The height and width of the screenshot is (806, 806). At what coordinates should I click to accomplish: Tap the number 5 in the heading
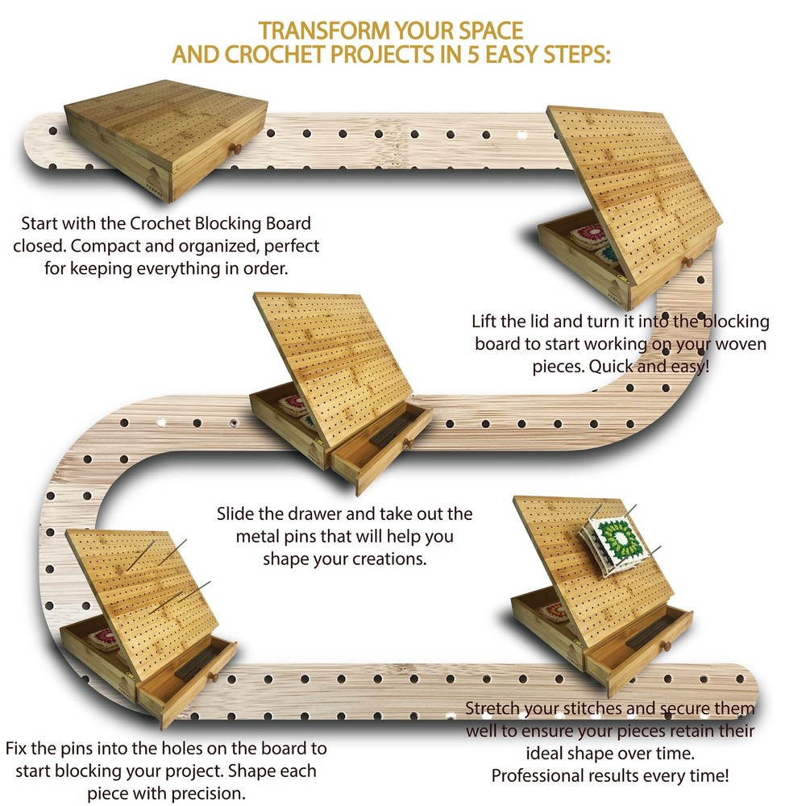(x=473, y=54)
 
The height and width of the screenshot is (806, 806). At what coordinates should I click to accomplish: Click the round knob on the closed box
(x=235, y=148)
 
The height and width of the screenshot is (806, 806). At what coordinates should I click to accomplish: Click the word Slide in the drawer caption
(x=235, y=513)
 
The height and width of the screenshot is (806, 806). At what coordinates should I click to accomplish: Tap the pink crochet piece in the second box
(x=591, y=235)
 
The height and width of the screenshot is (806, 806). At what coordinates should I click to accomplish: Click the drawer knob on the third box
(x=409, y=442)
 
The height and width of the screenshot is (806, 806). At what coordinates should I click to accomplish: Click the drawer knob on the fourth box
(x=212, y=676)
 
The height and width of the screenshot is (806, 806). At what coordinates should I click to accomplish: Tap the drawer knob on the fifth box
(x=666, y=646)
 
